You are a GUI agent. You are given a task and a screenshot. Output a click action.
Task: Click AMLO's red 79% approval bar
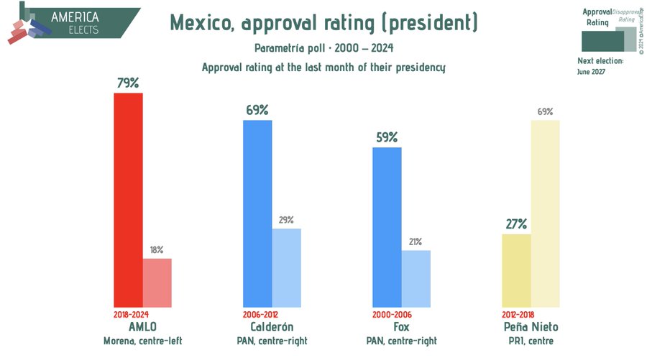pos(128,200)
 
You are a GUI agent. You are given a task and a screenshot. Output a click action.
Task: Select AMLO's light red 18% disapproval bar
pos(157,283)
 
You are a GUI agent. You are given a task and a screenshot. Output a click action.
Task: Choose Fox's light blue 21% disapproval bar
pos(416,279)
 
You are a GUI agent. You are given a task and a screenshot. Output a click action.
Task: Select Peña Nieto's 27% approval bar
pos(516,271)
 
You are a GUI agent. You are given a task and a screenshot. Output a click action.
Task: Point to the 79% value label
pos(128,83)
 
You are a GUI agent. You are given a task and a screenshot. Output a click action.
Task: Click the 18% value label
pos(157,250)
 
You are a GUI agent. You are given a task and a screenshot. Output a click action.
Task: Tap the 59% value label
pos(387,137)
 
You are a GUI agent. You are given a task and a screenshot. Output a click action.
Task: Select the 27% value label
pos(516,224)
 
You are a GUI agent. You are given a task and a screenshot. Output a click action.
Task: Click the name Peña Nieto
pos(531,327)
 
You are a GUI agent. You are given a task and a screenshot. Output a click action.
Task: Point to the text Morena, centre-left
pos(143,341)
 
